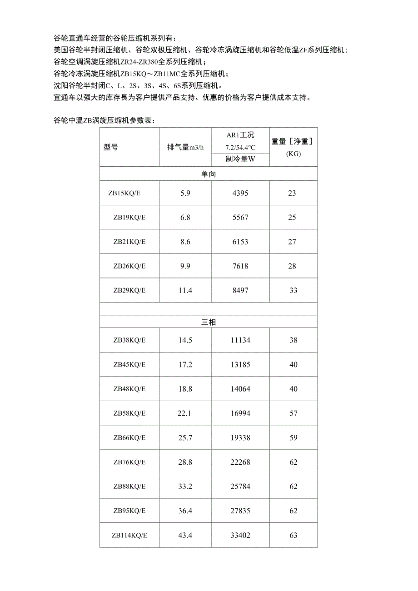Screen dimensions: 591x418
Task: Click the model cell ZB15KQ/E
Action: (124, 193)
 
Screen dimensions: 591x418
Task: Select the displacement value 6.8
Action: (185, 218)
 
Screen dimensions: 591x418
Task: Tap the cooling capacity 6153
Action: (240, 242)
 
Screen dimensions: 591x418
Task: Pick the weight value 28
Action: (292, 266)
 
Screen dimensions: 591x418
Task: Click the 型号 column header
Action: (111, 148)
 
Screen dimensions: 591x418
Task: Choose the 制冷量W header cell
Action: (240, 159)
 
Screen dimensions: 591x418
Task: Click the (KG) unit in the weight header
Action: (293, 154)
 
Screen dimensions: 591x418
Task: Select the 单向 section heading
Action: (209, 174)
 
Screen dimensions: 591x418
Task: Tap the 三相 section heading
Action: (209, 322)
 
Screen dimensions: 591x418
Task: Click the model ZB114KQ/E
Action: (129, 535)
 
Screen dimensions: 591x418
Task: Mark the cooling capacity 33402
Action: (241, 535)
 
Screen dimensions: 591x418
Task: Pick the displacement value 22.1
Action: (185, 413)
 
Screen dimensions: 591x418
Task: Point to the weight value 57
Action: (293, 413)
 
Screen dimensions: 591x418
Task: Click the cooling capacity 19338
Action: (241, 438)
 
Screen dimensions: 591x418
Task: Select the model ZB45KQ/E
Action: (129, 364)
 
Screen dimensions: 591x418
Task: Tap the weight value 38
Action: (293, 340)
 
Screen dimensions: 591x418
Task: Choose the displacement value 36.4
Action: (185, 511)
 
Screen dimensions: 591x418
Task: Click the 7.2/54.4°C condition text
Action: (240, 147)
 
